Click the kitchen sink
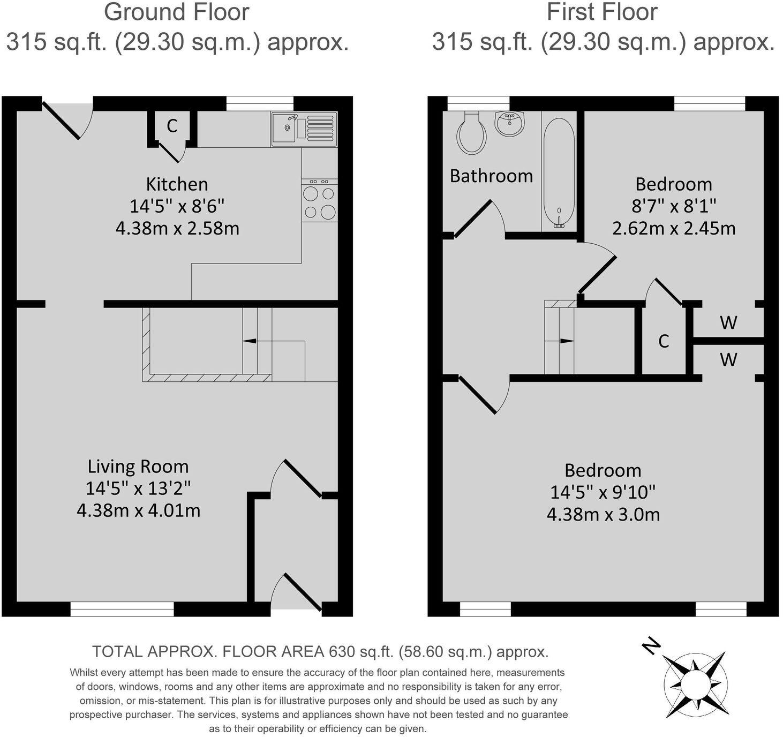(304, 129)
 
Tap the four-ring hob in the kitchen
(319, 201)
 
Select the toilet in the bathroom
(471, 133)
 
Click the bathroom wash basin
(509, 124)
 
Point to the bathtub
(559, 172)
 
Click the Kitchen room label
(177, 184)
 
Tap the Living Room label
(138, 467)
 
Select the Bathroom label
(491, 176)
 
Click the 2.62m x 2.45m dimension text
(673, 229)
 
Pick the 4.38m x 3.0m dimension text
(603, 515)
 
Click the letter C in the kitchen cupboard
(171, 126)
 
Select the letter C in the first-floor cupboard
(663, 341)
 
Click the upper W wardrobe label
(728, 322)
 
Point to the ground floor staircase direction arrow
(249, 341)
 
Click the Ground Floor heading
(177, 13)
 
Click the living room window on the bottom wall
(122, 609)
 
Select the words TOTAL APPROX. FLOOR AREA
(208, 652)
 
